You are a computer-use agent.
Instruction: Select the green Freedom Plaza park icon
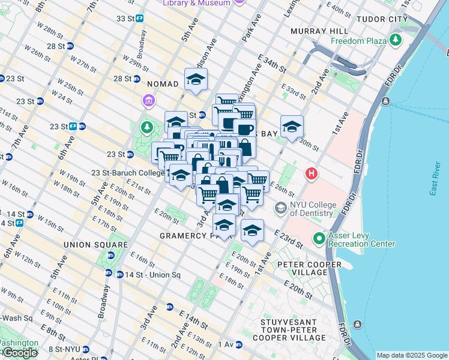395,41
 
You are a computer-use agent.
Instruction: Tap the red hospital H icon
312,175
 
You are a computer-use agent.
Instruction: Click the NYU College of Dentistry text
312,209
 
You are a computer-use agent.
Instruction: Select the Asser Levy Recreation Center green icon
319,239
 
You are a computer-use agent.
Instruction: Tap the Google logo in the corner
20,353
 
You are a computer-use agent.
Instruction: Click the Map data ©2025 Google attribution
412,355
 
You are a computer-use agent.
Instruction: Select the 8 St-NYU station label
64,349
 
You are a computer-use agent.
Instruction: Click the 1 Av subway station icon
239,344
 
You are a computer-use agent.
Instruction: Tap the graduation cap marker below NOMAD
196,80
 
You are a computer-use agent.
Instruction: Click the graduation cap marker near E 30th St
292,127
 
